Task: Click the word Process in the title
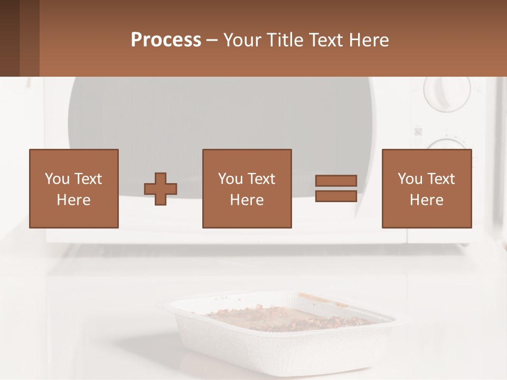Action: tap(166, 40)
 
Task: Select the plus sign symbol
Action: tap(161, 189)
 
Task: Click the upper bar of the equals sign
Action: tap(336, 181)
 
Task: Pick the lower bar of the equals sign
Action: tap(336, 196)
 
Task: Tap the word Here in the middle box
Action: tap(247, 200)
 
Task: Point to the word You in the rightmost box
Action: tap(410, 179)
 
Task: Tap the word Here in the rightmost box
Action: tap(426, 200)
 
